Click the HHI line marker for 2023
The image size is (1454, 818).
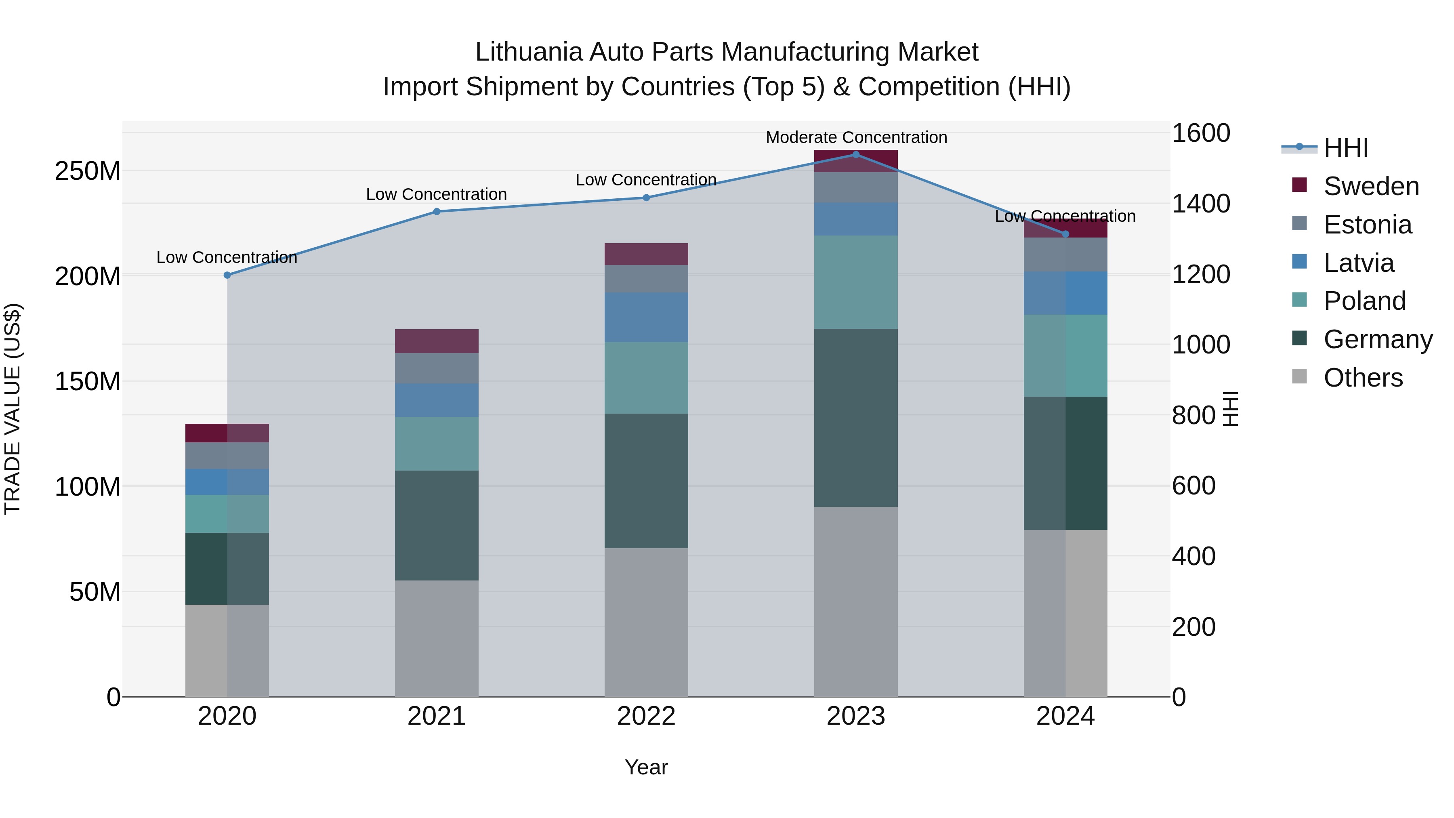[x=856, y=155]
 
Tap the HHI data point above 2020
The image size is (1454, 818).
[x=227, y=275]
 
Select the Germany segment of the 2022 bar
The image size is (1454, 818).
[x=646, y=481]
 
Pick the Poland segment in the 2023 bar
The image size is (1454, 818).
[x=856, y=282]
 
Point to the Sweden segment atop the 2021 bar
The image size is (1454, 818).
[x=436, y=341]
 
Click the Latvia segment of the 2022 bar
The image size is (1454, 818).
[x=646, y=317]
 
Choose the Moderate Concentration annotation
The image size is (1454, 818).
[x=856, y=137]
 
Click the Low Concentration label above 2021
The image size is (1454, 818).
[x=436, y=194]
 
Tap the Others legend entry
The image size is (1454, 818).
[x=1363, y=378]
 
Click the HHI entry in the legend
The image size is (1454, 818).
[x=1346, y=148]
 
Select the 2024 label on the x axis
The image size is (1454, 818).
[x=1065, y=716]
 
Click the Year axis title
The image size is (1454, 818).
[x=646, y=767]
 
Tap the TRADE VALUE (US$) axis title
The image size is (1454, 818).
[x=13, y=409]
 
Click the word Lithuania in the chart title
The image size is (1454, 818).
[x=528, y=52]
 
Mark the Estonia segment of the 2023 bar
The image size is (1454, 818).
[x=856, y=187]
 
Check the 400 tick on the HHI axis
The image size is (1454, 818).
[x=1193, y=557]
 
